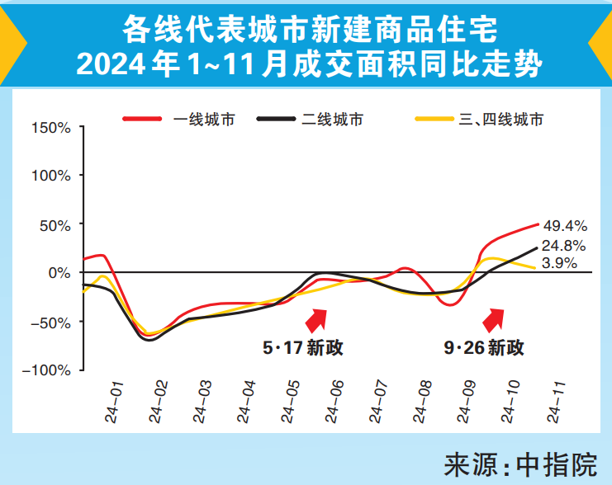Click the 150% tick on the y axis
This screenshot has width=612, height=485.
[x=51, y=128]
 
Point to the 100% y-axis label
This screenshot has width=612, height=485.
[x=51, y=176]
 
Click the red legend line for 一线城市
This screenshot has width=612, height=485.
[x=143, y=120]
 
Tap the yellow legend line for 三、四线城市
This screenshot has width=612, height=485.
[x=434, y=120]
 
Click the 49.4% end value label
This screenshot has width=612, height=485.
[x=565, y=224]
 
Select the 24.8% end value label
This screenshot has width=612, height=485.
[x=565, y=245]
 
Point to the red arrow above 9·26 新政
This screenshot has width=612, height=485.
[x=496, y=318]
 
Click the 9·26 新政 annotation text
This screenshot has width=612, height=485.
[x=484, y=348]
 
